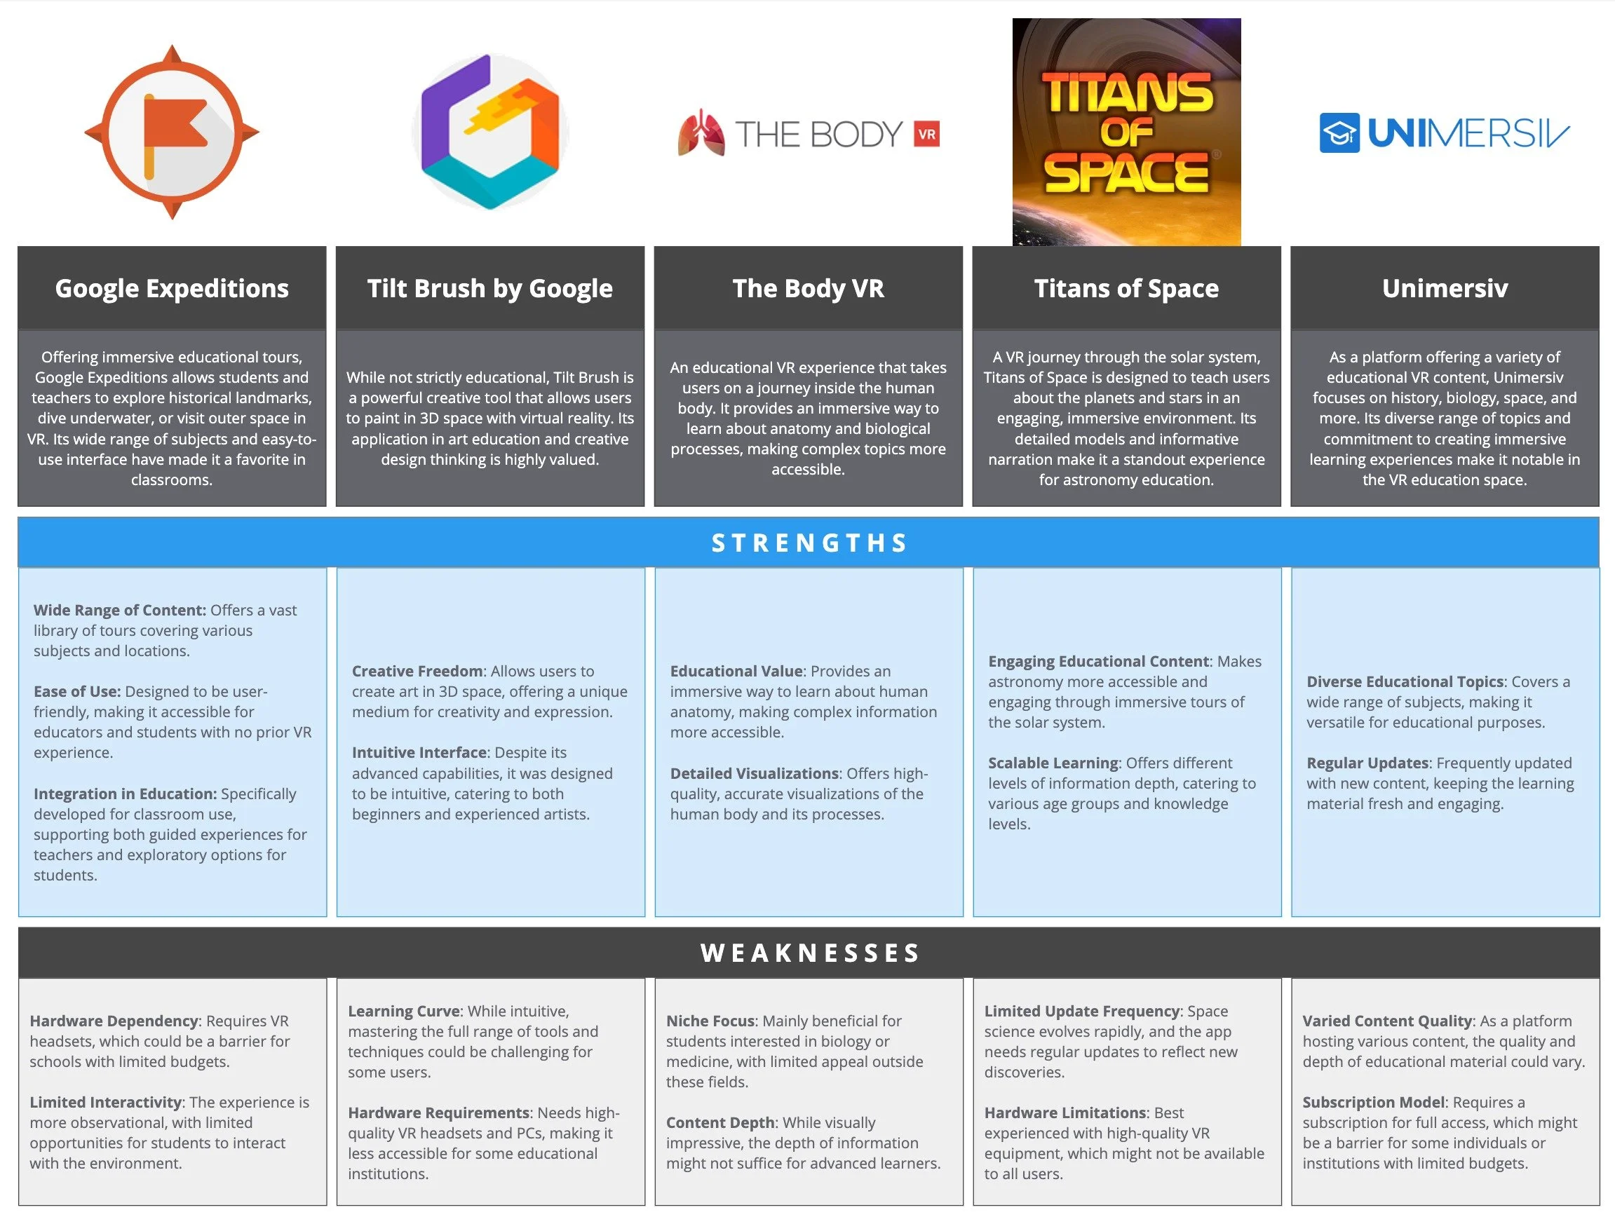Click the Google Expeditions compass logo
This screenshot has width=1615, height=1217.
point(172,132)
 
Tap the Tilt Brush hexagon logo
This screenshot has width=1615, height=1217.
point(490,131)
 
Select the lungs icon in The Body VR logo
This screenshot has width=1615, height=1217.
point(701,133)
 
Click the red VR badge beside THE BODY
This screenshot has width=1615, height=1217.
point(926,135)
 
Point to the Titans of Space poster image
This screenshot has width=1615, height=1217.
point(1126,132)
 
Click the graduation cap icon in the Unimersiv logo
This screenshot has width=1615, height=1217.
point(1339,133)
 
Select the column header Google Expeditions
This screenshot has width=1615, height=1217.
point(172,288)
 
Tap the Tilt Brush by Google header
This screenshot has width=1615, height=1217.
point(490,288)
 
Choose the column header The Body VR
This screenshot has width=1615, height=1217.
point(809,288)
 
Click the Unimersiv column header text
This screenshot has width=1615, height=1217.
point(1444,288)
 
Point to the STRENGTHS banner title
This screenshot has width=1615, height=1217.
point(809,543)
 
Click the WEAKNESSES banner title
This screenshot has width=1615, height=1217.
point(809,953)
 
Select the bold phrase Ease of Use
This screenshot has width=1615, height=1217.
point(76,691)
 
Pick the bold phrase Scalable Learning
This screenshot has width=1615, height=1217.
point(1053,763)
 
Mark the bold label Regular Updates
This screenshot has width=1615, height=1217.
point(1367,763)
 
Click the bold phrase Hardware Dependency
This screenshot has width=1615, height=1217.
point(114,1021)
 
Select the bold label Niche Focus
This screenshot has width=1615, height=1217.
point(710,1021)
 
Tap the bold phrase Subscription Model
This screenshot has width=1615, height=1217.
point(1373,1103)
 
